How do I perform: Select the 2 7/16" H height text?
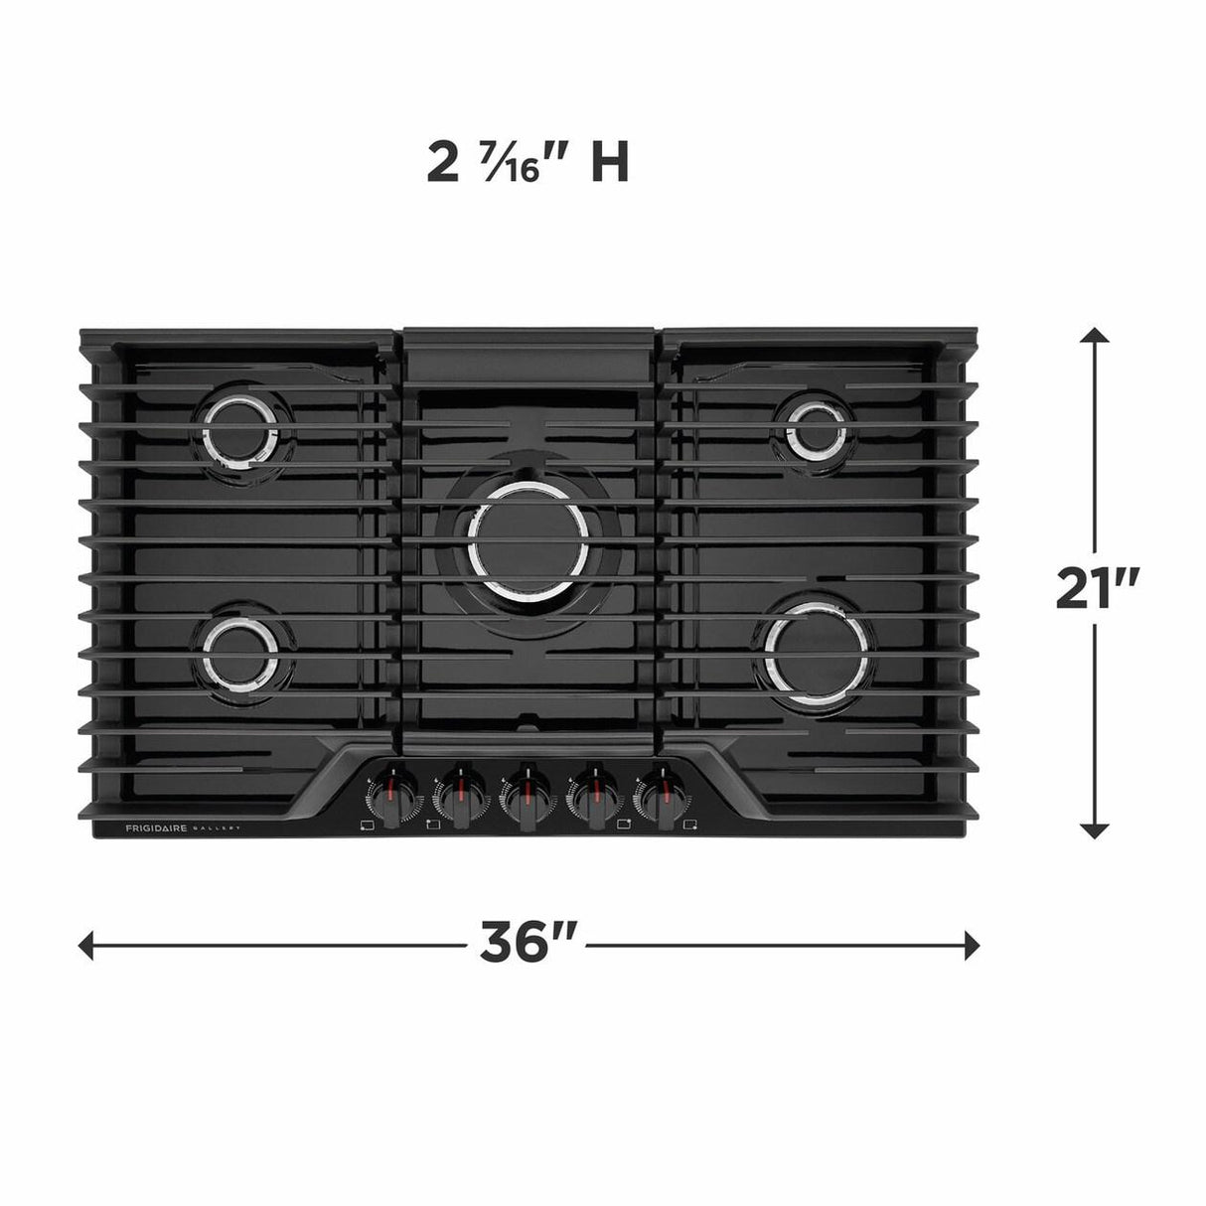coord(528,163)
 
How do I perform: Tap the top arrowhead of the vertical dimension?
coord(1095,335)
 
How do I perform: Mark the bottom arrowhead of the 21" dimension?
coord(1095,829)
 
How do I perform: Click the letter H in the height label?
coord(609,163)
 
